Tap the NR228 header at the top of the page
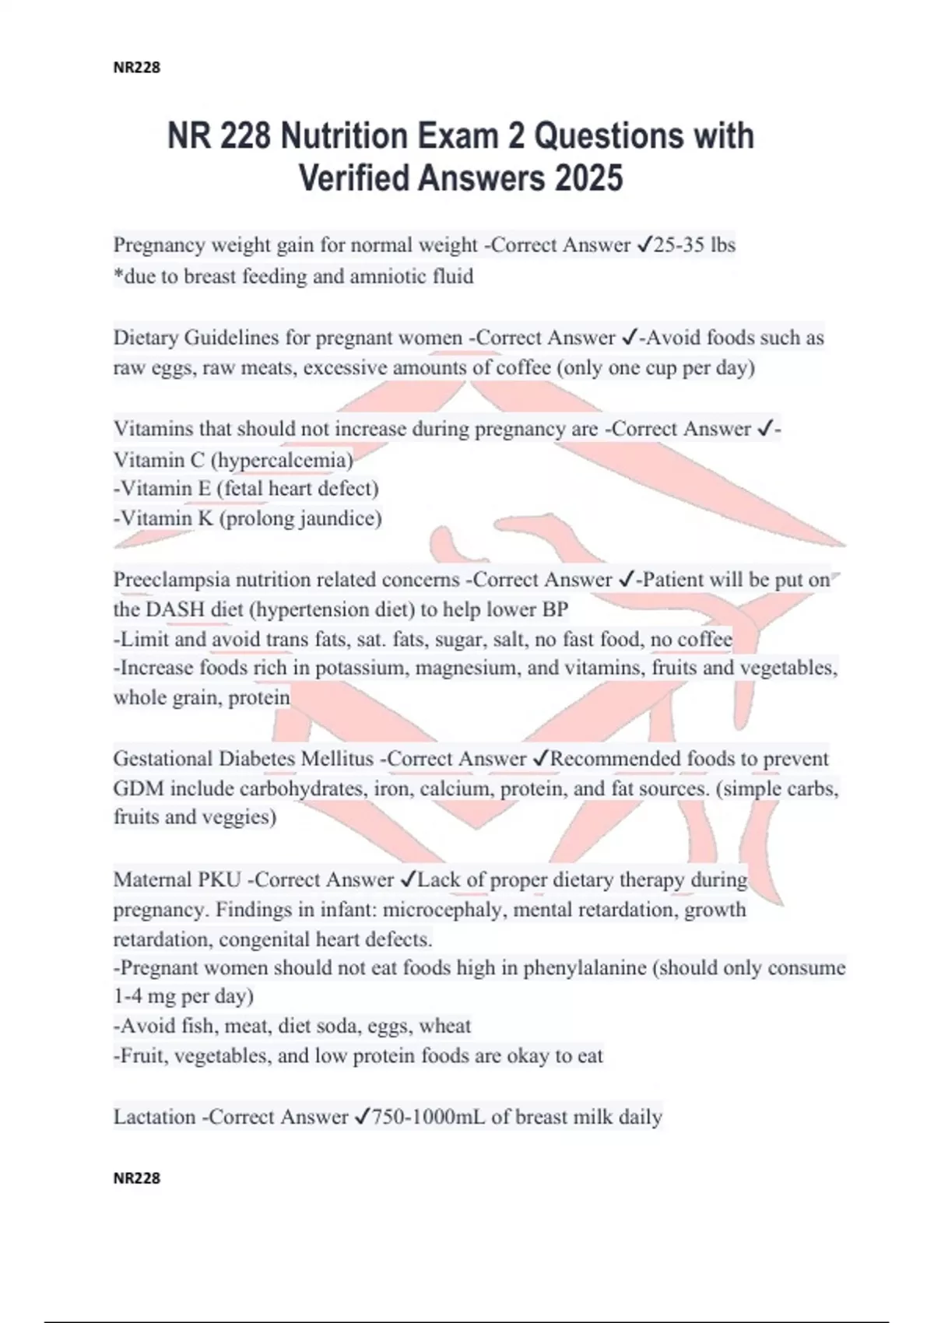pyautogui.click(x=137, y=68)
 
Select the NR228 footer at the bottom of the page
pyautogui.click(x=137, y=1178)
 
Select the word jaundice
pyautogui.click(x=340, y=518)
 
